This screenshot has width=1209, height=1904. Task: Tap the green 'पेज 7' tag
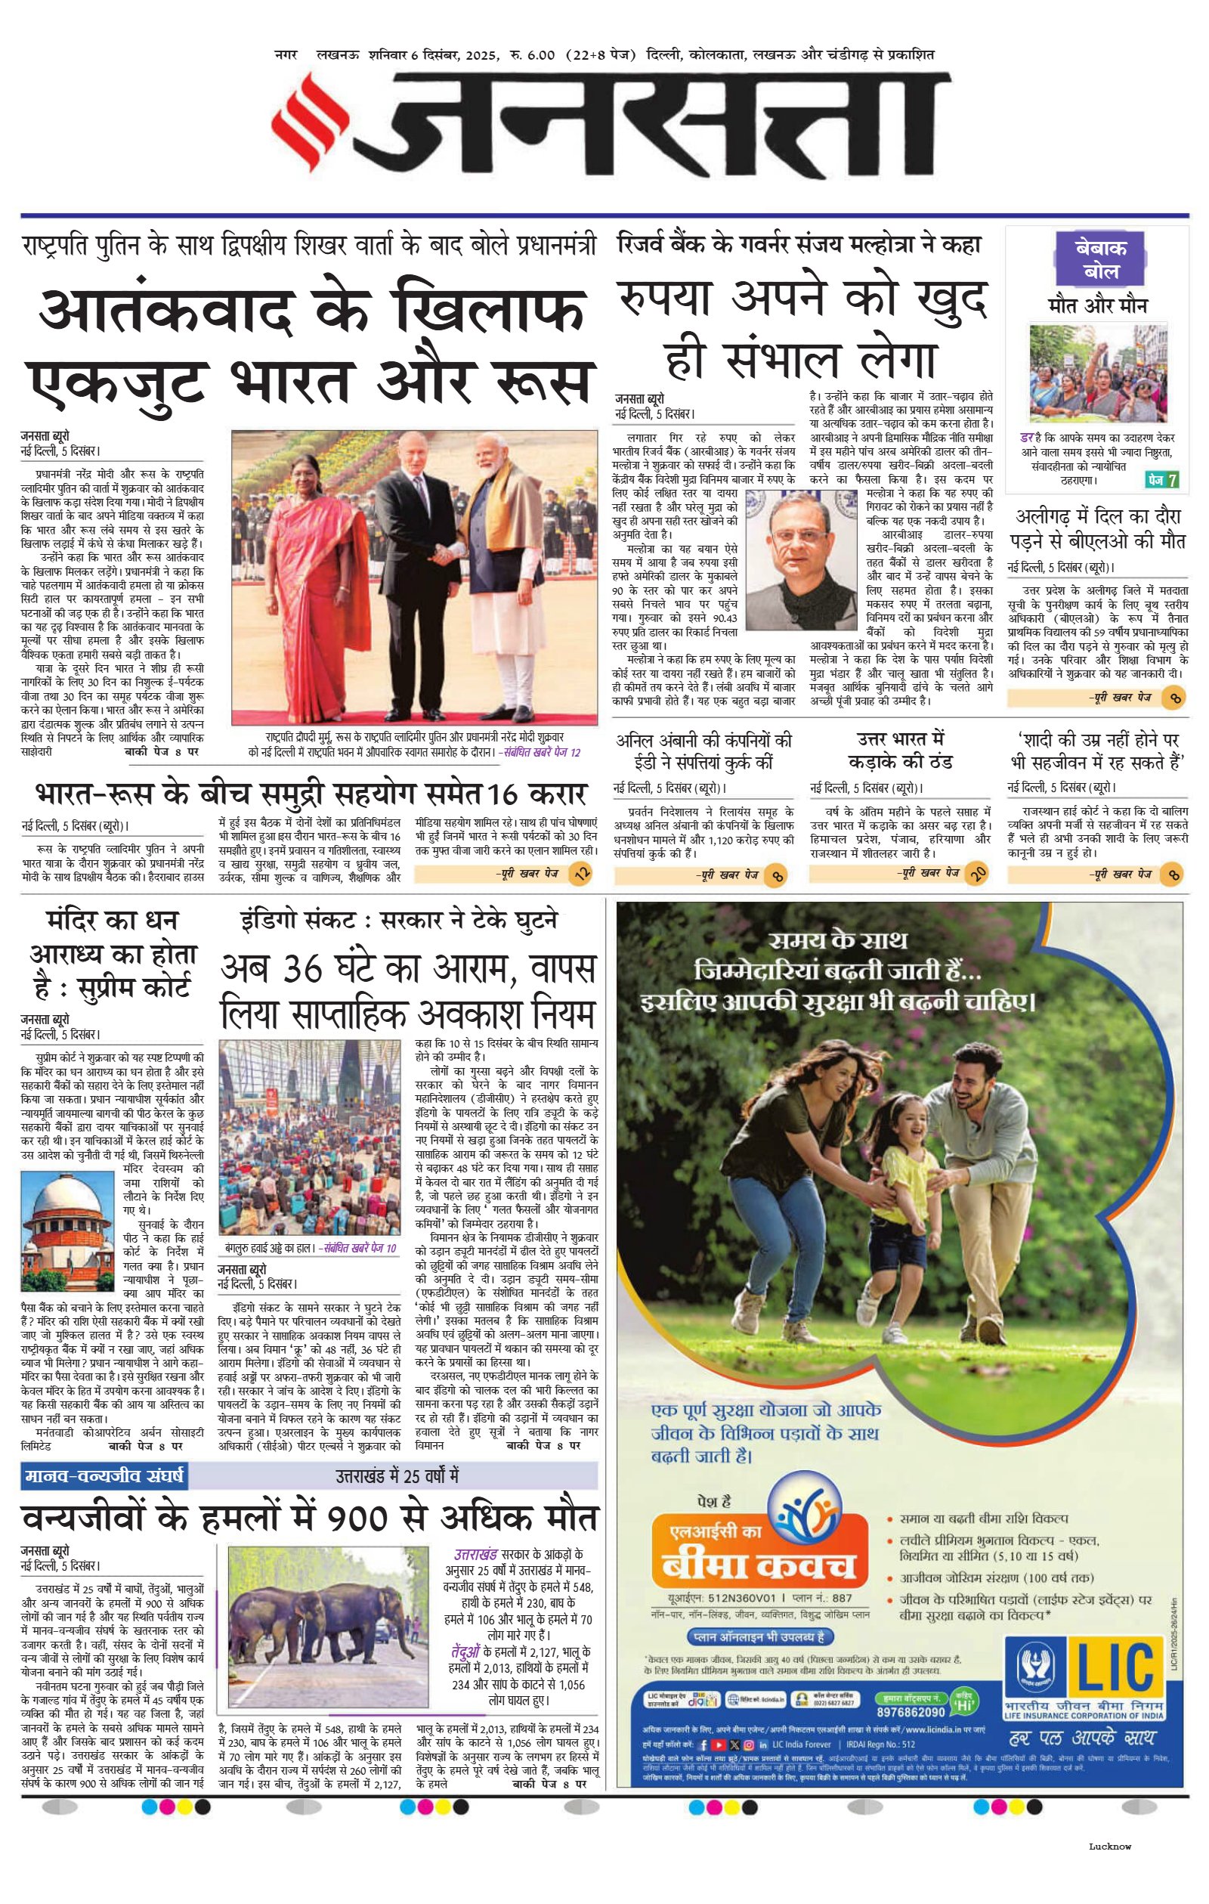pyautogui.click(x=1162, y=479)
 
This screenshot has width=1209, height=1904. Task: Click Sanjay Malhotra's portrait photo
pyautogui.click(x=802, y=559)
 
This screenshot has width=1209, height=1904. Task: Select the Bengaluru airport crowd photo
pyautogui.click(x=310, y=1137)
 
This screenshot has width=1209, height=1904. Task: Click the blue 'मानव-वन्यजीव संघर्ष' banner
pyautogui.click(x=104, y=1475)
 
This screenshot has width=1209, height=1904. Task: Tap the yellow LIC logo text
pyautogui.click(x=1115, y=1667)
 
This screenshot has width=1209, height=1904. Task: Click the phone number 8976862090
pyautogui.click(x=911, y=1711)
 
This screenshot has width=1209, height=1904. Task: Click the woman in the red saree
pyautogui.click(x=313, y=581)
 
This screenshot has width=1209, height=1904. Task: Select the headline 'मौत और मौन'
pyautogui.click(x=1097, y=305)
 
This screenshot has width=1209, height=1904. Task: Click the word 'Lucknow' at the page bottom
pyautogui.click(x=1109, y=1847)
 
